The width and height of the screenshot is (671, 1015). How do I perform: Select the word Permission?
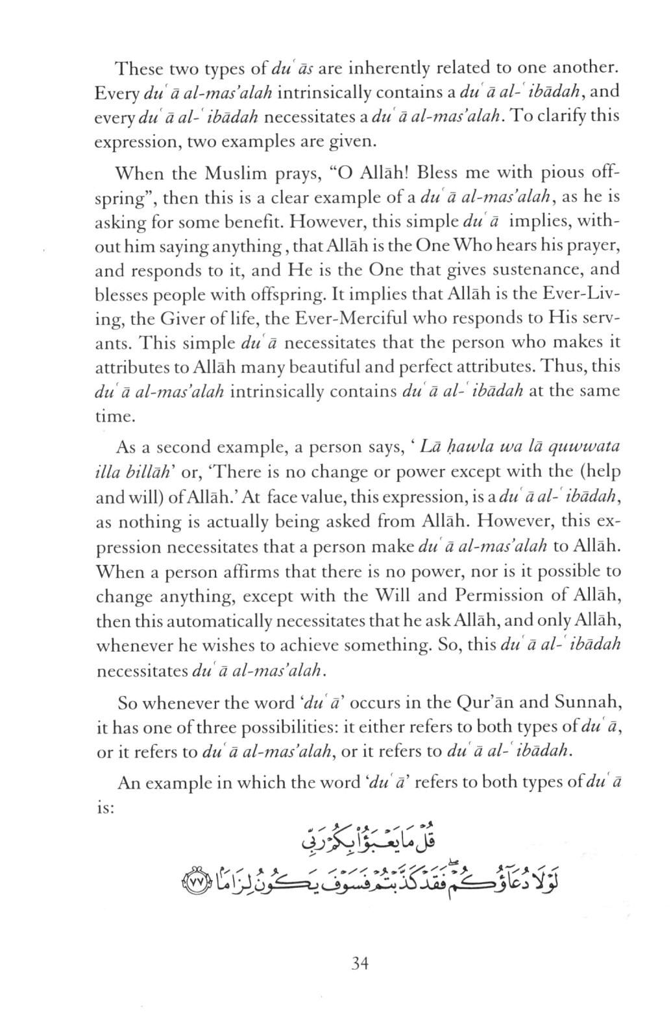coord(495,595)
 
